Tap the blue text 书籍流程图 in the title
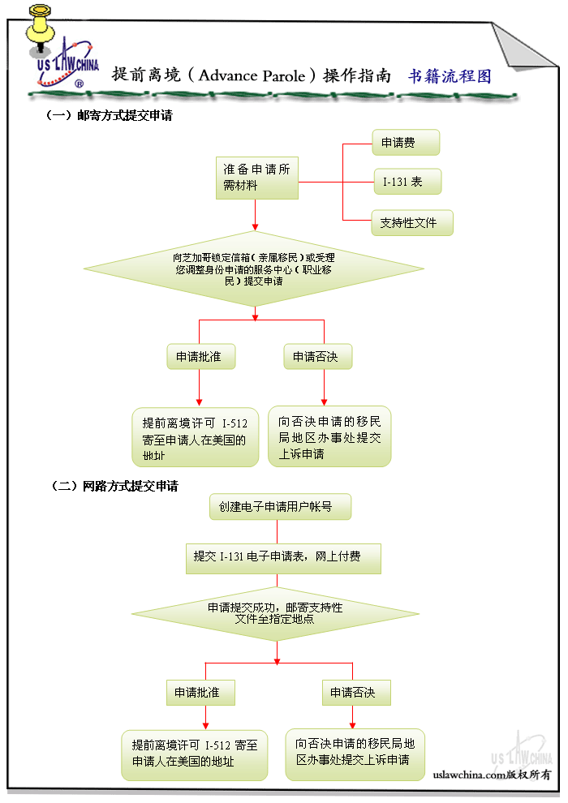coord(450,76)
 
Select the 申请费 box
coord(406,143)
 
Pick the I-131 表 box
coord(407,182)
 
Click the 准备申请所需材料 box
coord(256,178)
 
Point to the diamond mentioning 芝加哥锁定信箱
coord(255,268)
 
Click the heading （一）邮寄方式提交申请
coord(109,116)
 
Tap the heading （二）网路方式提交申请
coord(114,487)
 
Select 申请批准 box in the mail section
coord(200,357)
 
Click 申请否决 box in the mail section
coord(318,357)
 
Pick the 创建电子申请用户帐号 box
coord(281,507)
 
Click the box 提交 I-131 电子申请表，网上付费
coord(283,557)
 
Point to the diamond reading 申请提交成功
coord(276,612)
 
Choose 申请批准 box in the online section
coord(203,693)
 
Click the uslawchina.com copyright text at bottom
coord(492,775)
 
